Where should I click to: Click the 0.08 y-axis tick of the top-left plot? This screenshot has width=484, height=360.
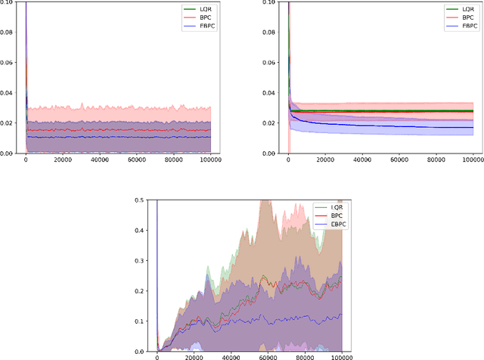(11, 33)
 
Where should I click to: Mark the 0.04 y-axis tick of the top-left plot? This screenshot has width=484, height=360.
(11, 93)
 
